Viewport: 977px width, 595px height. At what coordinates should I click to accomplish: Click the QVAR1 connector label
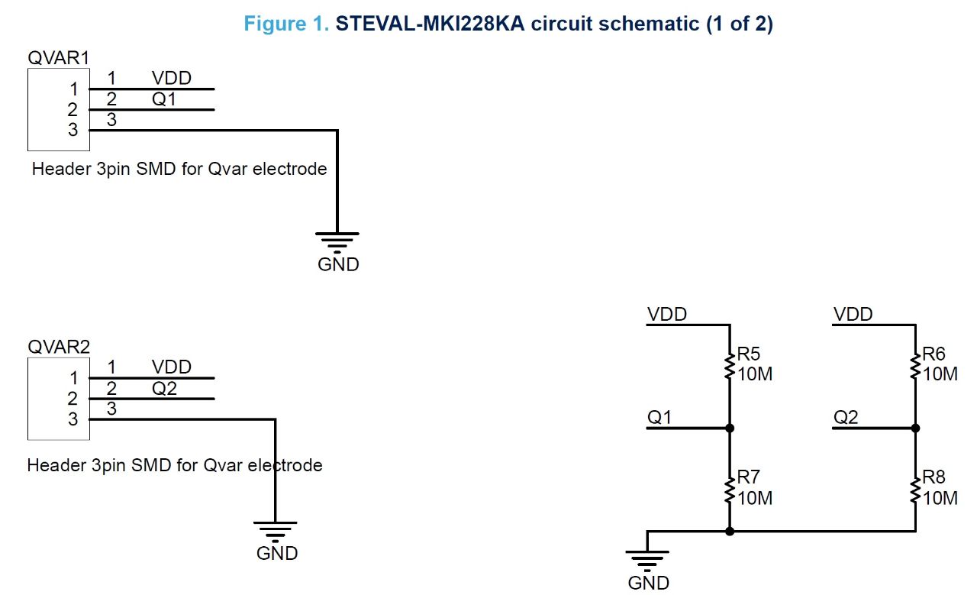pyautogui.click(x=58, y=57)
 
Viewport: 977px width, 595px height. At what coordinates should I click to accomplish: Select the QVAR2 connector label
pyautogui.click(x=58, y=346)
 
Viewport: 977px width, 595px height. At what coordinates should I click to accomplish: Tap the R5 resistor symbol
pyautogui.click(x=730, y=365)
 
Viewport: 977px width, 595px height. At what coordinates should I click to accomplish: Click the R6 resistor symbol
pyautogui.click(x=915, y=365)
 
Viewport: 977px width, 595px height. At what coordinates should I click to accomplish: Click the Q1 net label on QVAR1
pyautogui.click(x=164, y=99)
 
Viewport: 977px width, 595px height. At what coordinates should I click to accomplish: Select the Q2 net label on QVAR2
pyautogui.click(x=164, y=389)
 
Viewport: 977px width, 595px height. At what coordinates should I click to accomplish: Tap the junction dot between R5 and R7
pyautogui.click(x=730, y=428)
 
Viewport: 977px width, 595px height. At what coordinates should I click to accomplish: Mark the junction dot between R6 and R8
pyautogui.click(x=915, y=428)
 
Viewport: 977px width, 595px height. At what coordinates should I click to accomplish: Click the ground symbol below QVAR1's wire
pyautogui.click(x=337, y=241)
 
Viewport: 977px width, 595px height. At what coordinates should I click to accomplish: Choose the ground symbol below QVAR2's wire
pyautogui.click(x=276, y=530)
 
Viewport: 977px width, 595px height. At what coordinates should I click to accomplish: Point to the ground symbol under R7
pyautogui.click(x=647, y=560)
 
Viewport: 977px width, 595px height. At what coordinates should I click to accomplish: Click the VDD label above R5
pyautogui.click(x=666, y=314)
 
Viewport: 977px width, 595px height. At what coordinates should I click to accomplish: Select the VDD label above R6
pyautogui.click(x=853, y=314)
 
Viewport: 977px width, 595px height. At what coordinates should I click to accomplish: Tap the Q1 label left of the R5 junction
pyautogui.click(x=659, y=417)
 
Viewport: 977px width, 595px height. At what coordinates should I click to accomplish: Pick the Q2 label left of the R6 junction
pyautogui.click(x=846, y=417)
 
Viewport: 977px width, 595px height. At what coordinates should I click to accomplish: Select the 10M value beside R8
pyautogui.click(x=940, y=498)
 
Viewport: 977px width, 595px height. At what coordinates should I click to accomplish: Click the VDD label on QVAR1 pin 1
pyautogui.click(x=171, y=78)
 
